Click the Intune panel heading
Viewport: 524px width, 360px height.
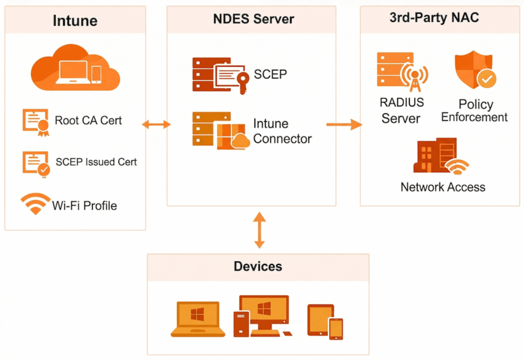point(75,21)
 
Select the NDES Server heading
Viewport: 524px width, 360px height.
point(253,19)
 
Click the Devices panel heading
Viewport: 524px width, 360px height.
point(258,266)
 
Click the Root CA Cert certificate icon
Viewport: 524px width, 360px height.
point(36,121)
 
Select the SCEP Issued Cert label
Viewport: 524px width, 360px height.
point(96,162)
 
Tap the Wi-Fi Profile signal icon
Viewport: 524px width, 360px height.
point(35,204)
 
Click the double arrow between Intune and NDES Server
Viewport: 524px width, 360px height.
point(156,124)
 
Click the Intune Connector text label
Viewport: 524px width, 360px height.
point(282,131)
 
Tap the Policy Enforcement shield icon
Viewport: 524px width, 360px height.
point(475,70)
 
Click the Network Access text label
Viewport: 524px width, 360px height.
point(443,187)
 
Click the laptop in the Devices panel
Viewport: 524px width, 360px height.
point(198,319)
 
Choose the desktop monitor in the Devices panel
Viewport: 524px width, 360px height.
point(264,313)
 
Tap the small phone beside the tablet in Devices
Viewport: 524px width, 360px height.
point(336,328)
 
